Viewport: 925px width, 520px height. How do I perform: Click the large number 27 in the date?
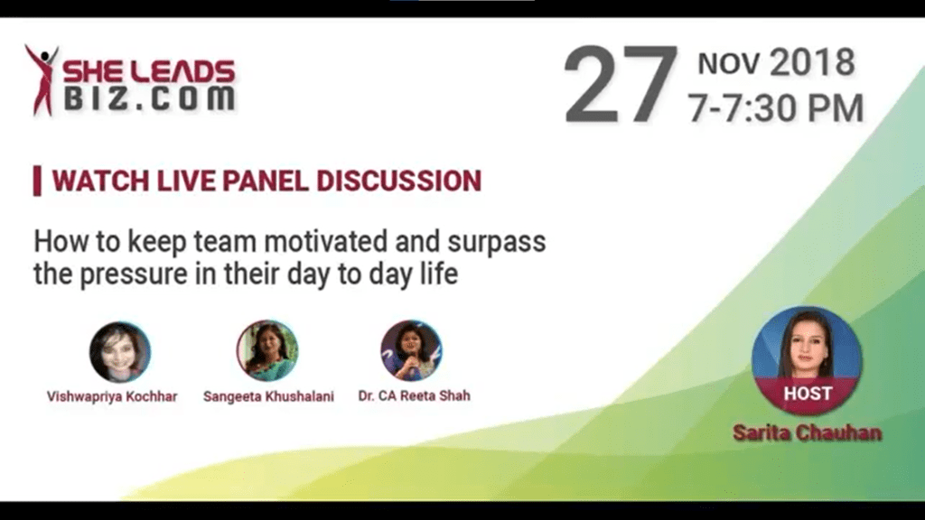pyautogui.click(x=621, y=84)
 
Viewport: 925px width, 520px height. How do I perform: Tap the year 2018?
pyautogui.click(x=812, y=62)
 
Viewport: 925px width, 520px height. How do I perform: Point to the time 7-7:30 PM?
pyautogui.click(x=775, y=108)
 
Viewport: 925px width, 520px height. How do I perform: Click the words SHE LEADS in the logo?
pyautogui.click(x=149, y=72)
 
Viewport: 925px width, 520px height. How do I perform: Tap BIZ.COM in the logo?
pyautogui.click(x=149, y=98)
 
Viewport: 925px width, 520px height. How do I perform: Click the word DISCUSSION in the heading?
pyautogui.click(x=398, y=181)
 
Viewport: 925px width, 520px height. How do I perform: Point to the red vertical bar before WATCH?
pyautogui.click(x=37, y=181)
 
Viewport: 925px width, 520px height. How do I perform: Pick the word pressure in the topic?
pyautogui.click(x=134, y=274)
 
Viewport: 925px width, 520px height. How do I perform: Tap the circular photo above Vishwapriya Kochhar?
pyautogui.click(x=120, y=352)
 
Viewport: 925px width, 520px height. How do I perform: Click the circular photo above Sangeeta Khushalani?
pyautogui.click(x=267, y=351)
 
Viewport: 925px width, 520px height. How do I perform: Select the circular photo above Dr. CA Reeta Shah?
pyautogui.click(x=411, y=350)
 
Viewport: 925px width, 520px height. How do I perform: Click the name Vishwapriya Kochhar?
pyautogui.click(x=112, y=396)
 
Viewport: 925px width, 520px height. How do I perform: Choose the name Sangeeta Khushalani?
pyautogui.click(x=268, y=396)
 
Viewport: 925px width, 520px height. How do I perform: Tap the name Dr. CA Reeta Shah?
pyautogui.click(x=414, y=395)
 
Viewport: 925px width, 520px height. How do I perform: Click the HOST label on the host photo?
pyautogui.click(x=808, y=394)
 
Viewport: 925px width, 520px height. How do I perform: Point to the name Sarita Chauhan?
pyautogui.click(x=807, y=432)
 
